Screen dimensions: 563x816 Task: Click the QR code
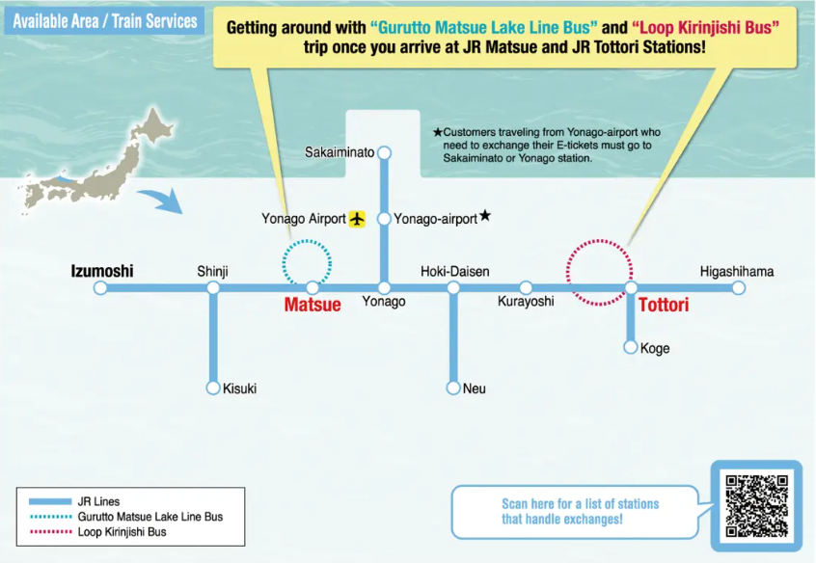(756, 505)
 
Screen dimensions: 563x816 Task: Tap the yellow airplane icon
(358, 219)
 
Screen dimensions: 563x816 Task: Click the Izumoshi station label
(102, 271)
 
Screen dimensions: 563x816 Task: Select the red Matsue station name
(313, 305)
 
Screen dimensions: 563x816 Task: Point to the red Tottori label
(665, 305)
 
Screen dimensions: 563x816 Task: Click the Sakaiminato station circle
(384, 152)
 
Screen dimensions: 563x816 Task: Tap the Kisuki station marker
(213, 388)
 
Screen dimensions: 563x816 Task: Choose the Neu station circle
(453, 388)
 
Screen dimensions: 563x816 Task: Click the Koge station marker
(631, 347)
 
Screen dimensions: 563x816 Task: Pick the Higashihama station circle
(738, 287)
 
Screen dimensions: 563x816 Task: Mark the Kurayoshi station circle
(526, 287)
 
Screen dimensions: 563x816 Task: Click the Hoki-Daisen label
(454, 272)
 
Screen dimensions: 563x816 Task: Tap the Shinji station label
(212, 272)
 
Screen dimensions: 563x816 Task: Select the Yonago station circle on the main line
(384, 287)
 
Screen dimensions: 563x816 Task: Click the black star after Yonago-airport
(485, 217)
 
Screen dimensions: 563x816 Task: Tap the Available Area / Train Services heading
(105, 20)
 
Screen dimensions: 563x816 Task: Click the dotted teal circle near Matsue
(307, 261)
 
